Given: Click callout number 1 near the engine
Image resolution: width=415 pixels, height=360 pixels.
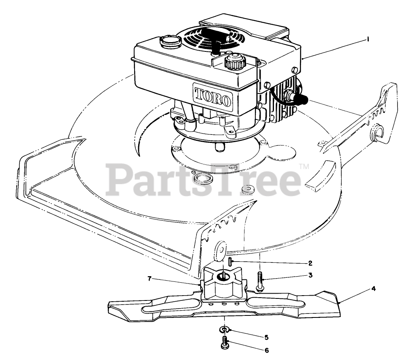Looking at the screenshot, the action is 368,39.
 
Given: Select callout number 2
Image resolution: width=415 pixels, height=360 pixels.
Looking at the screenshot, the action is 310,263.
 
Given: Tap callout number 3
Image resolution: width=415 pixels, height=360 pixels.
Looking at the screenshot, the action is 310,275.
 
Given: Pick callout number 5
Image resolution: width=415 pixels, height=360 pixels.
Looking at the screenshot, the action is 266,337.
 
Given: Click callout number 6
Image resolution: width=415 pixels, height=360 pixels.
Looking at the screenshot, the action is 266,350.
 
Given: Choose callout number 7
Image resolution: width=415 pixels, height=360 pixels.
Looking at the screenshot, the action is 150,279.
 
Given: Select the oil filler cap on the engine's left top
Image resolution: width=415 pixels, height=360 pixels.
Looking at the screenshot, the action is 168,40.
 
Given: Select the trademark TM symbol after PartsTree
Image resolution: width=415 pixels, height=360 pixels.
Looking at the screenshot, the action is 304,166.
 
